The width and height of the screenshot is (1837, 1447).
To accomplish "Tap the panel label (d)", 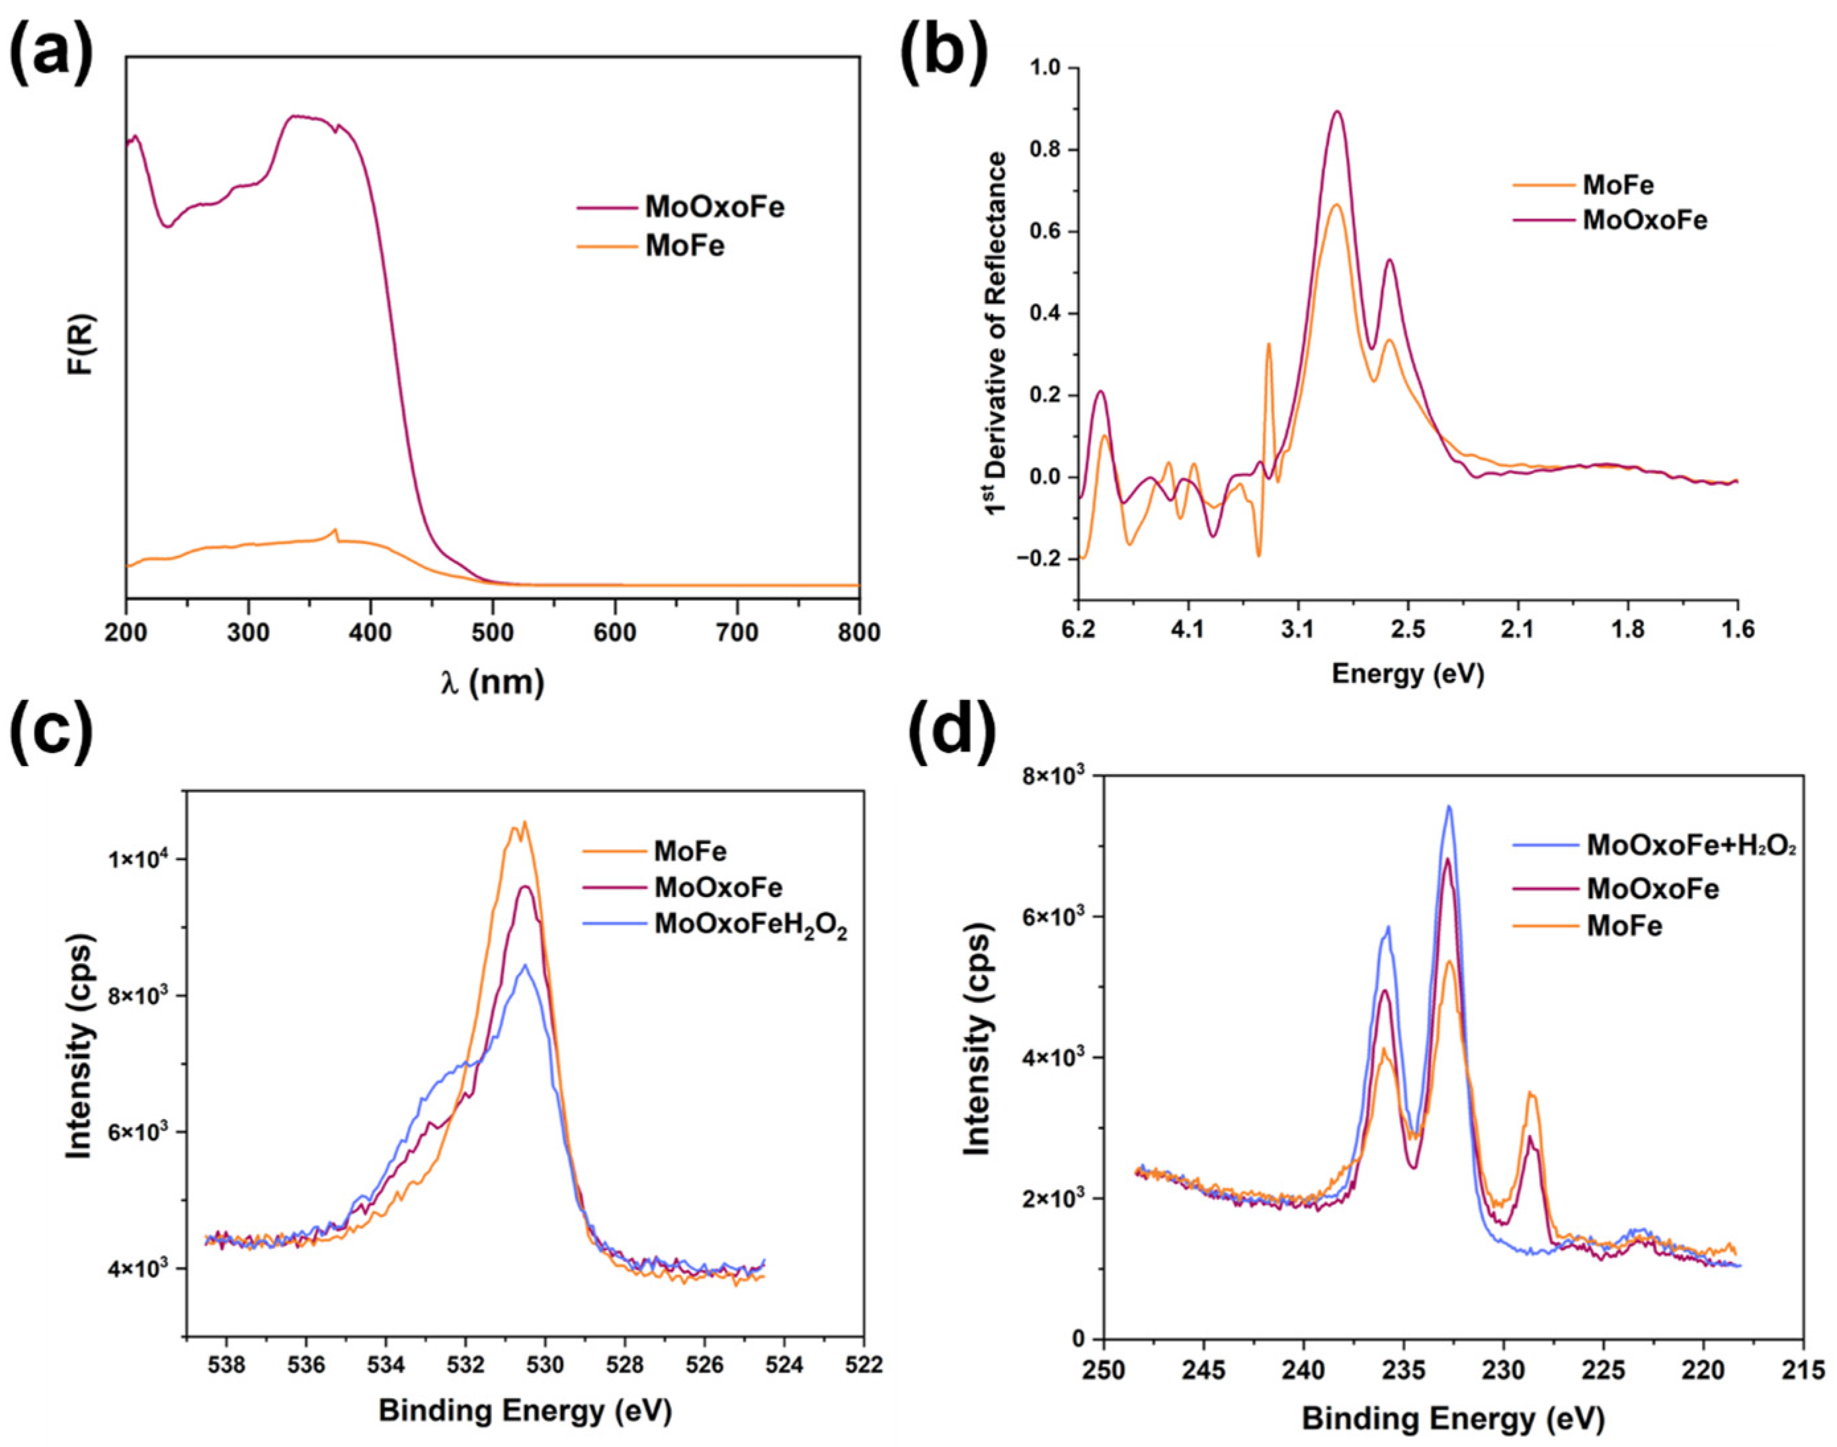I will point(949,730).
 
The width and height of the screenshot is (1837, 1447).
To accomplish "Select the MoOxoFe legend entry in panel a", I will point(714,207).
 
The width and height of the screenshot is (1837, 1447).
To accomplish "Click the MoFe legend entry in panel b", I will point(1617,184).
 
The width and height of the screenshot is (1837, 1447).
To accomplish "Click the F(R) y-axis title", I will point(82,345).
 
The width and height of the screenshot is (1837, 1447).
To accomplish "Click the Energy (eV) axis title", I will point(1407,674).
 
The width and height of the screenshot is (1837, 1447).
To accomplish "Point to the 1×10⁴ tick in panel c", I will point(136,859).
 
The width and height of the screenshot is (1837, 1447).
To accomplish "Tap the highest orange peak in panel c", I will point(524,822).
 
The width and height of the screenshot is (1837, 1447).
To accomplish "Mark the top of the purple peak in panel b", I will point(1337,111).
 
